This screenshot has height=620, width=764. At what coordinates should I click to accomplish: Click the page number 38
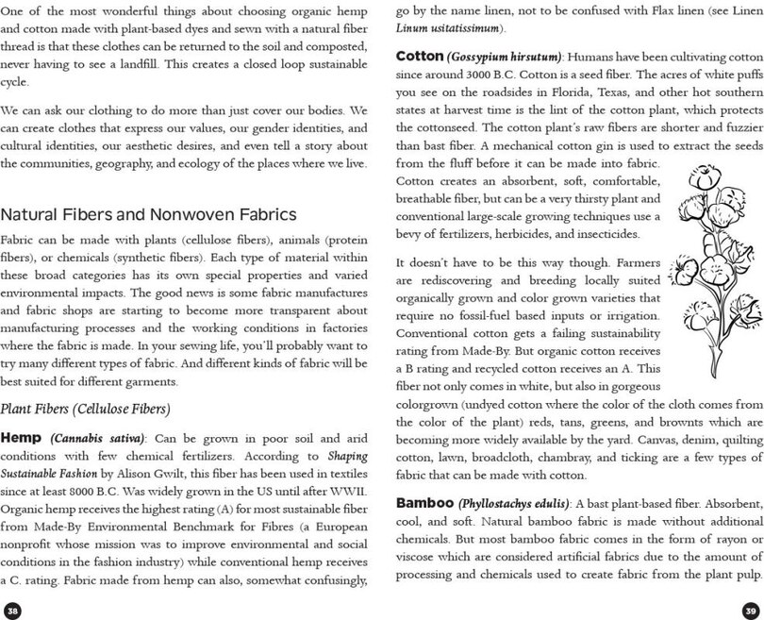tap(12, 610)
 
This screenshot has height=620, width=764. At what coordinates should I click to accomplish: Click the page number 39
tap(751, 610)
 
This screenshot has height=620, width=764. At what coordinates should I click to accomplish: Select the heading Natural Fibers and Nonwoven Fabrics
tap(149, 215)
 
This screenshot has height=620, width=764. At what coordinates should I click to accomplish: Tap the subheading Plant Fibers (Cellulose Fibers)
tap(85, 409)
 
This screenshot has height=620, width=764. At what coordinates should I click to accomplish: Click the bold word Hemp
tap(21, 438)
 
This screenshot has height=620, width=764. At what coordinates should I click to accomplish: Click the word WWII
tap(347, 493)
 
